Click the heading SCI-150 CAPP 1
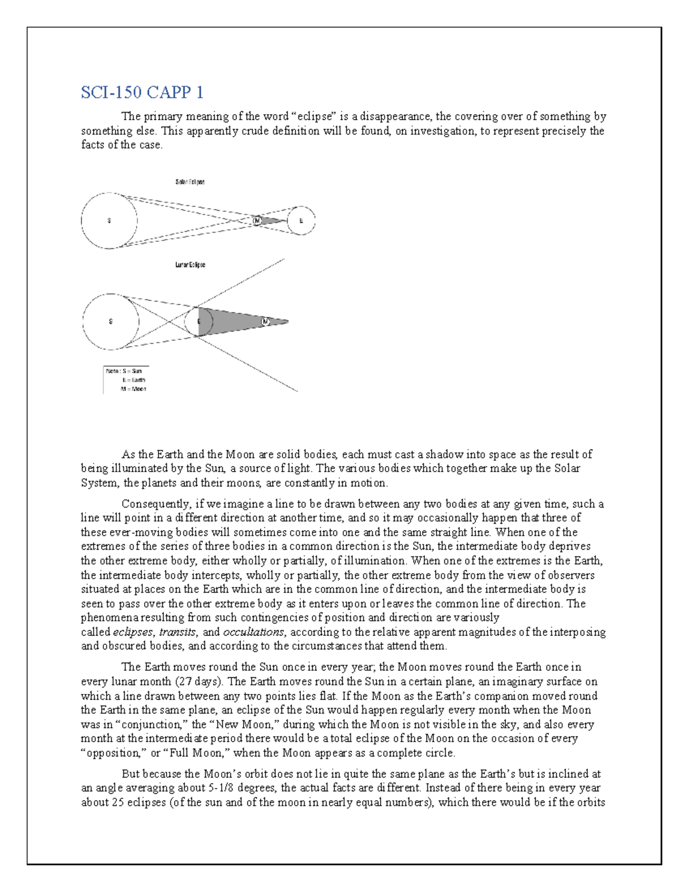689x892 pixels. [x=142, y=92]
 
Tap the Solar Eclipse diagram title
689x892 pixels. [x=189, y=182]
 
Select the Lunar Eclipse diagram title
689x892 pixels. [x=190, y=265]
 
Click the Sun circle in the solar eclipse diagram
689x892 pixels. [x=109, y=221]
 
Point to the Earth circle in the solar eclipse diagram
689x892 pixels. [x=301, y=221]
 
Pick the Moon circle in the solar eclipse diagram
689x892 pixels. [x=257, y=221]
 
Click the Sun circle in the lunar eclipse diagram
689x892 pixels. [x=111, y=322]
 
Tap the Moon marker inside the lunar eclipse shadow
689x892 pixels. [x=265, y=322]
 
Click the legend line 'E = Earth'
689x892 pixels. [x=133, y=380]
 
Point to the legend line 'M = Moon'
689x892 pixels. [x=133, y=389]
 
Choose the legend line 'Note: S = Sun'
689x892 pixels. [x=123, y=371]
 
